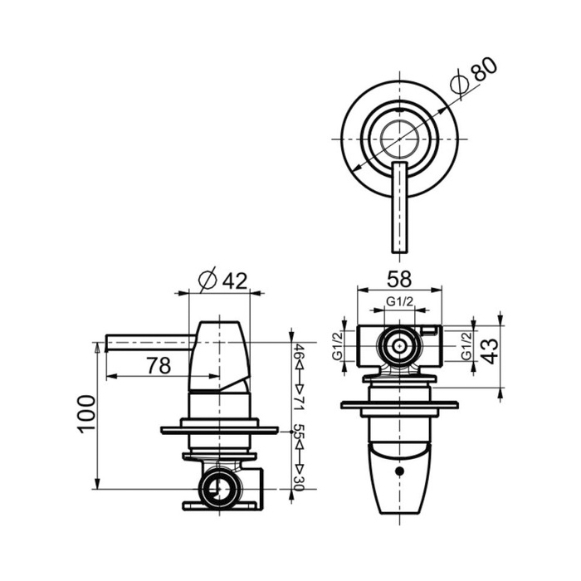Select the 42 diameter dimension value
coord(235,281)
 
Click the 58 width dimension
coord(400,279)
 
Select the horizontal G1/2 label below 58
coord(400,302)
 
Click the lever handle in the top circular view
coord(399,207)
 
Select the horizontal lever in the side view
coord(149,341)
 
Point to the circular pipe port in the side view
coord(220,487)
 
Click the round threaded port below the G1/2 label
coord(400,345)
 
